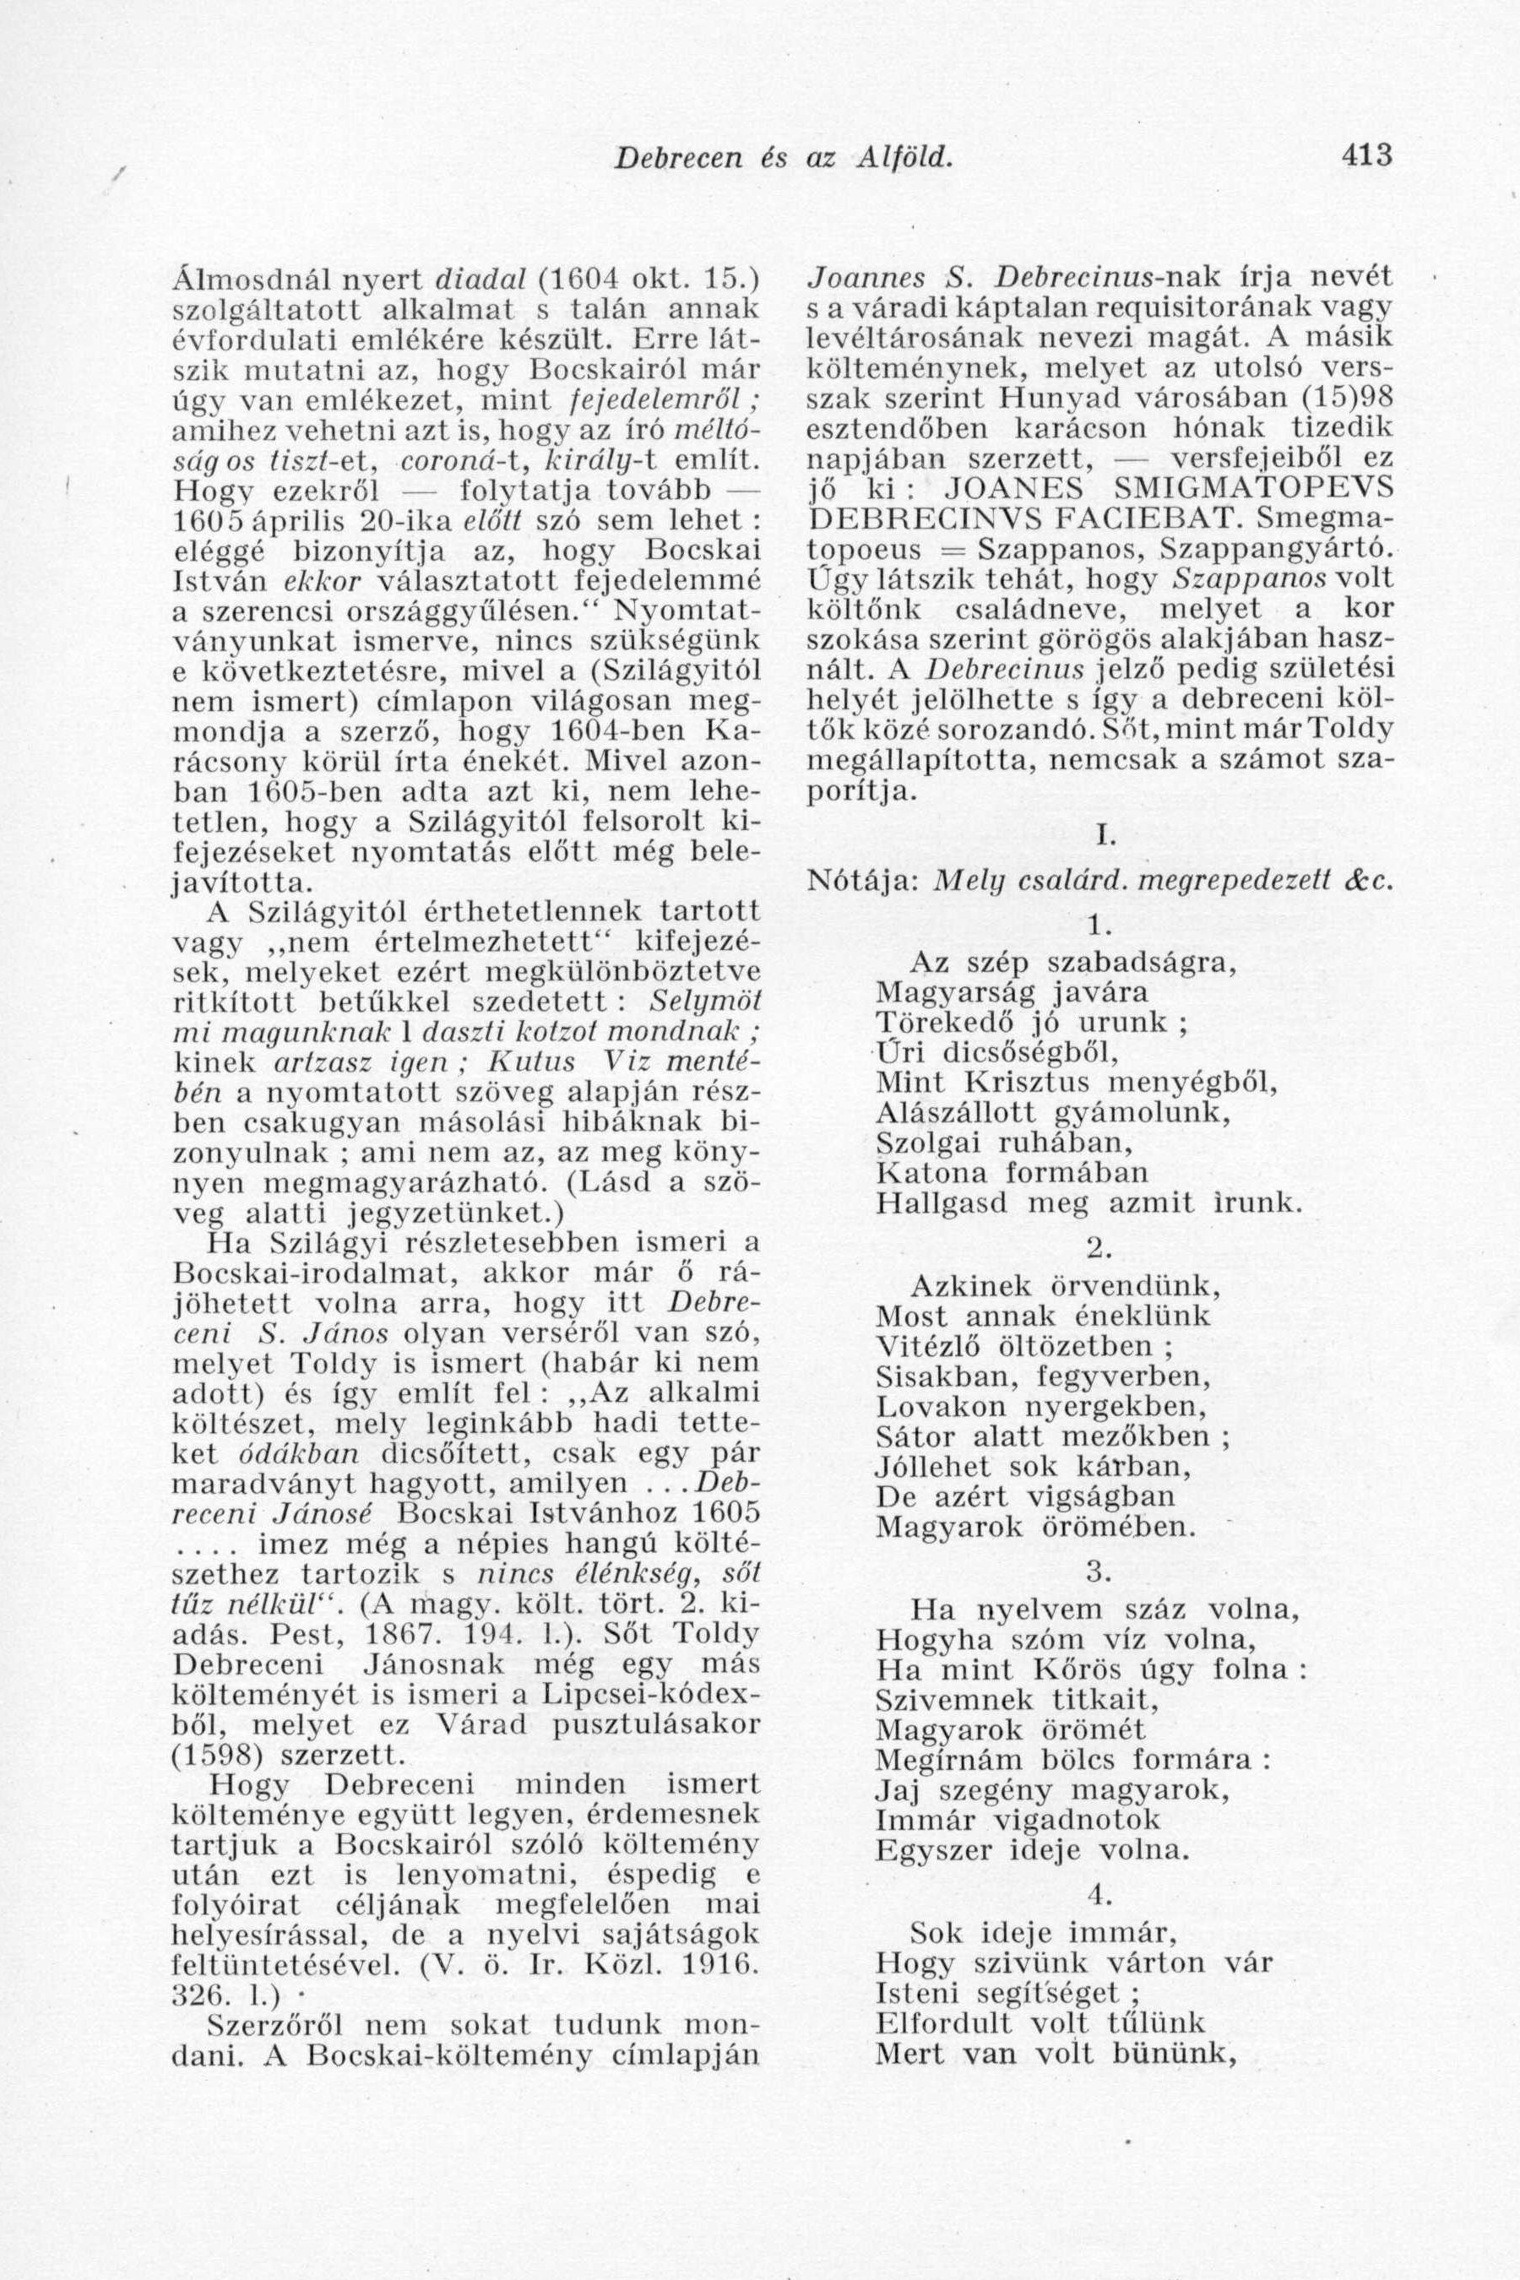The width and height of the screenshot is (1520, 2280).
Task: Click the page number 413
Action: pyautogui.click(x=1368, y=155)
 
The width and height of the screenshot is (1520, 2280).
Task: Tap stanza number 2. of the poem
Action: pyautogui.click(x=1099, y=1245)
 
